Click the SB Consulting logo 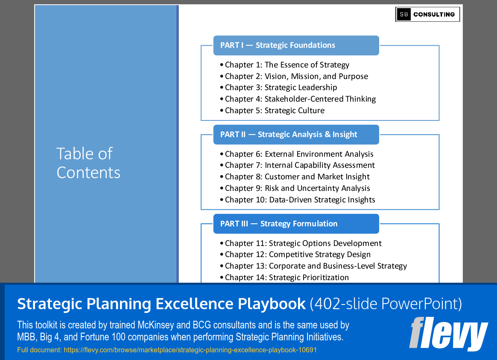point(427,14)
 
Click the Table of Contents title point(88,163)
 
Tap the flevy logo point(448,334)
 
